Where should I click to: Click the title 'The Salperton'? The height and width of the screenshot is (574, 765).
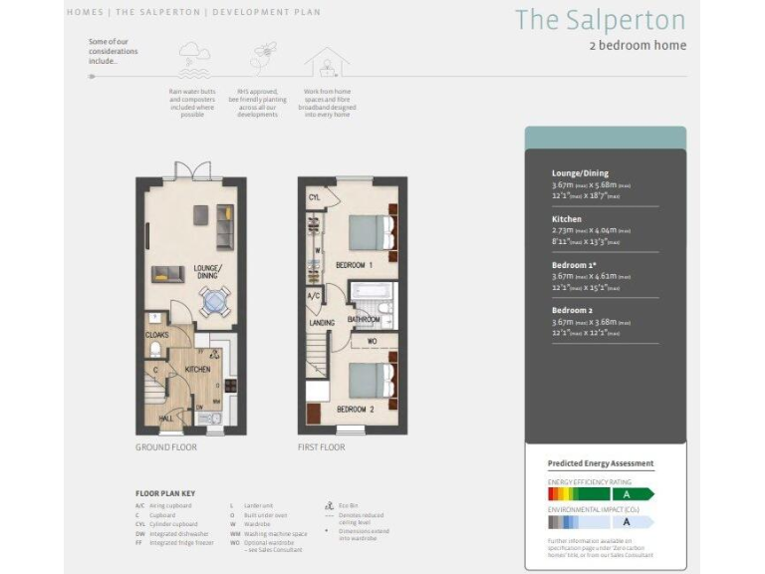click(600, 20)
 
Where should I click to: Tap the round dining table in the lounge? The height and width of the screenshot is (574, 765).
click(215, 298)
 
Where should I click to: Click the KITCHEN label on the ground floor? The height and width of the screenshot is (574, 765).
click(199, 369)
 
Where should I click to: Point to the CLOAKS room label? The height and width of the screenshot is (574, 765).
click(157, 336)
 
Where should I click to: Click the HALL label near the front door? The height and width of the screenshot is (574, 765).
click(165, 419)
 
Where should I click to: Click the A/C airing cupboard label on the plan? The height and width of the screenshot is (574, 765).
click(313, 296)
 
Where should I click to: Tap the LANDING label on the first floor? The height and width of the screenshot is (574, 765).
click(322, 322)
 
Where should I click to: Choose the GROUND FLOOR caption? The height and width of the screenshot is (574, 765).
click(165, 447)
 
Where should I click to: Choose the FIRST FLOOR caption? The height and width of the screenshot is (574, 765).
click(321, 447)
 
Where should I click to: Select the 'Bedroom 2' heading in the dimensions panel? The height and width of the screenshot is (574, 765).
click(573, 309)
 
